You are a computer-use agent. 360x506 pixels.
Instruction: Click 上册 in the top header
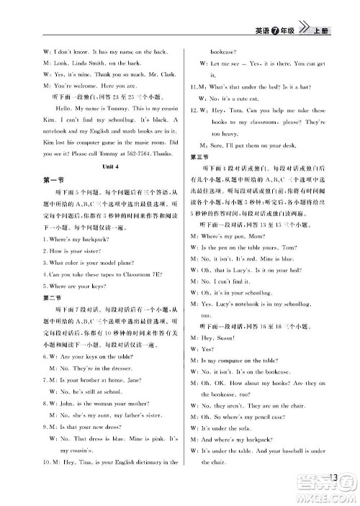323,30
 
